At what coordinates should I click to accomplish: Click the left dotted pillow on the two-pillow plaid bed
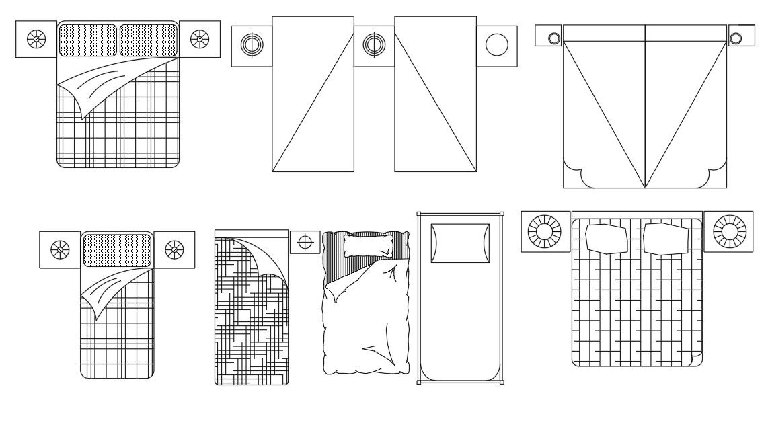[88, 40]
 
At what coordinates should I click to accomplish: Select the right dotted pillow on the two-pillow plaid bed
[148, 40]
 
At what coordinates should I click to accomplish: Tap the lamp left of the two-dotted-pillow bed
[36, 39]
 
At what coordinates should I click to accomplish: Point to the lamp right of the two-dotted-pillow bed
[200, 39]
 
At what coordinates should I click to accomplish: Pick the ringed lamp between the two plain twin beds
[374, 46]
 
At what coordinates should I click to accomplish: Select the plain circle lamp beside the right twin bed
[497, 46]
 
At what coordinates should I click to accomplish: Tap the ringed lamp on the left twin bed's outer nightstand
[252, 46]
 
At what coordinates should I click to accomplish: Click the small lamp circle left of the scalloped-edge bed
[554, 38]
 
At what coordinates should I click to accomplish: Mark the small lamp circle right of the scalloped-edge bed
[736, 38]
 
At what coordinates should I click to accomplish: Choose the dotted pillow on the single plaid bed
[117, 250]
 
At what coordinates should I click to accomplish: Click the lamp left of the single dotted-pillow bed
[60, 250]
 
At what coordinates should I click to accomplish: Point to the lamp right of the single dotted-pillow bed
[174, 250]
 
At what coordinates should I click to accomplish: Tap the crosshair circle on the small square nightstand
[305, 242]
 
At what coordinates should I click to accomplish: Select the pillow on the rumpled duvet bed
[367, 245]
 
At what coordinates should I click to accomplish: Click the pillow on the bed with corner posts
[460, 243]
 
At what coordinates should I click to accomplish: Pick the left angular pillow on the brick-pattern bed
[607, 239]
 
